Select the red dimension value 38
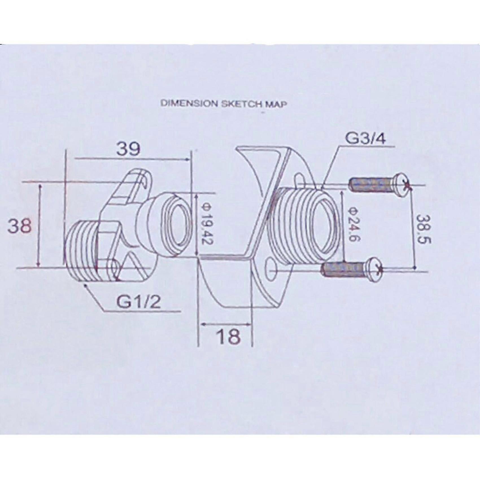coord(19,226)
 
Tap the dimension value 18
coord(229,337)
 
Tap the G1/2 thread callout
coord(139,302)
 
